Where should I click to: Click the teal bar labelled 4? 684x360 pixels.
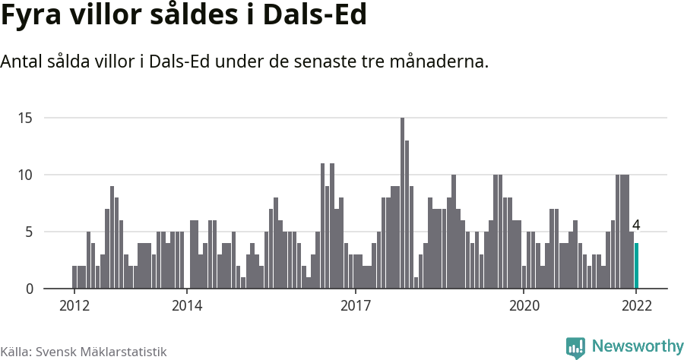tap(636, 266)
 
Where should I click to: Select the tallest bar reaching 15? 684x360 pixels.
tap(402, 204)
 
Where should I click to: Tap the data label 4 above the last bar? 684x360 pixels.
tap(636, 226)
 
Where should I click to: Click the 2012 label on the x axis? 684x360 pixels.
tap(74, 306)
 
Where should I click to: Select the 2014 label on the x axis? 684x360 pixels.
tap(186, 306)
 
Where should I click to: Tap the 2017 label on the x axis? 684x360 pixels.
tap(355, 306)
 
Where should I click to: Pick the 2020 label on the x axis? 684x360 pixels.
tap(524, 306)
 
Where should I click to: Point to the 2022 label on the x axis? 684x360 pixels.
tap(636, 306)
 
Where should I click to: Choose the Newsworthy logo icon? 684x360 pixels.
tap(575, 347)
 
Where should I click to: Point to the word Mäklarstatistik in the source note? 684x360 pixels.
tap(124, 352)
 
